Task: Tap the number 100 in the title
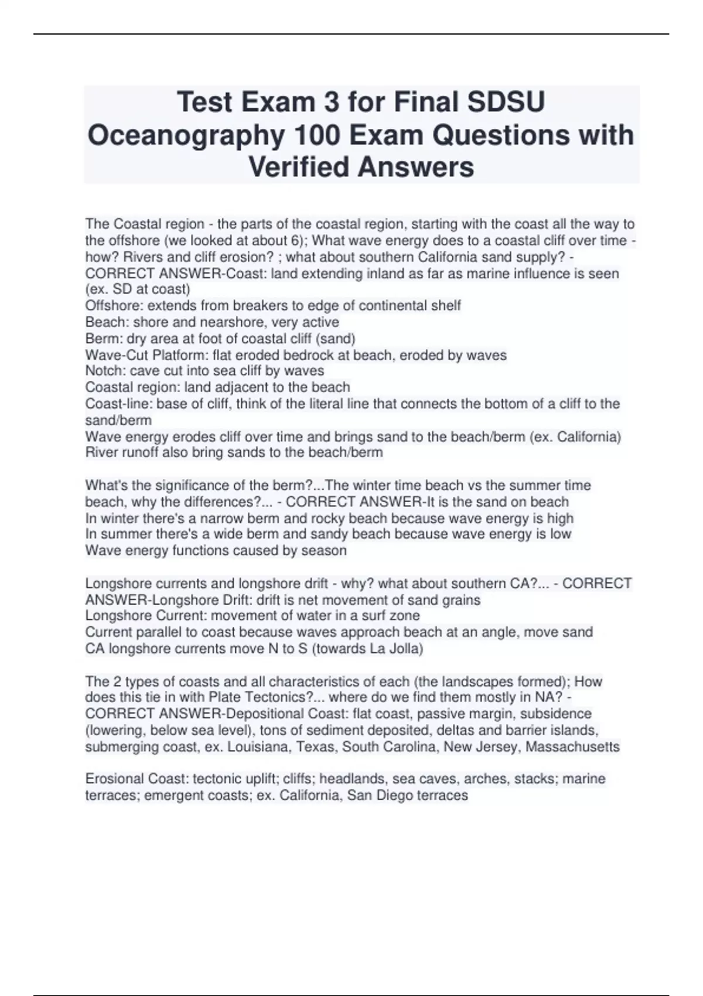pyautogui.click(x=319, y=135)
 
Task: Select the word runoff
pyautogui.click(x=136, y=452)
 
